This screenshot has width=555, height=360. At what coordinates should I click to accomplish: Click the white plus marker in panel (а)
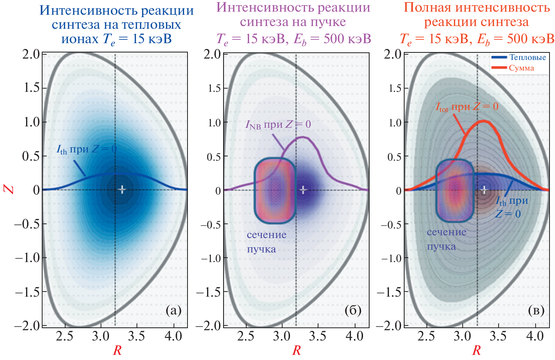(x=122, y=189)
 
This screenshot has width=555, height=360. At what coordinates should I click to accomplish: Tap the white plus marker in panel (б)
(x=303, y=189)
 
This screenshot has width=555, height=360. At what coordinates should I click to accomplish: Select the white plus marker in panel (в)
(x=484, y=189)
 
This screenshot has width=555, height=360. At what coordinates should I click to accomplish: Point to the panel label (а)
(x=173, y=310)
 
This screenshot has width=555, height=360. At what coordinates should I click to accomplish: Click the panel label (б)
(x=353, y=310)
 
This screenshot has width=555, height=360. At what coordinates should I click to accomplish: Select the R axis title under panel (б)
(x=297, y=350)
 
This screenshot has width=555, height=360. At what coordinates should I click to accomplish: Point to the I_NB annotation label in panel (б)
(x=278, y=124)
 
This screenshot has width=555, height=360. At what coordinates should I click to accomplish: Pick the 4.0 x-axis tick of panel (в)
(x=535, y=336)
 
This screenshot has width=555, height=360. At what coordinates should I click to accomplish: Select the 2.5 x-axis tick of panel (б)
(x=246, y=336)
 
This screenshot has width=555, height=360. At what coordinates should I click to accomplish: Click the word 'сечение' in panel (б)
(x=267, y=235)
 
